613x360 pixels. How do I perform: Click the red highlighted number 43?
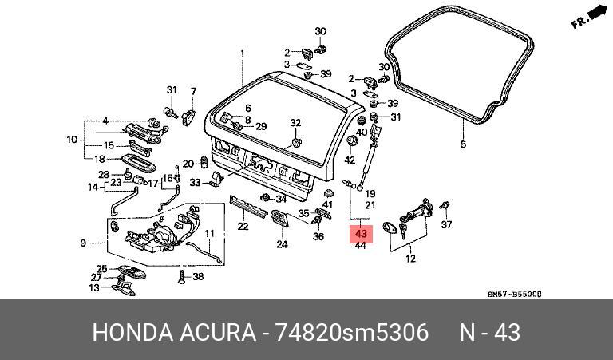coord(360,234)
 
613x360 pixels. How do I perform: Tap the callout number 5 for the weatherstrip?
coord(462,144)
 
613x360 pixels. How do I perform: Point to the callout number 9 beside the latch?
coord(83,243)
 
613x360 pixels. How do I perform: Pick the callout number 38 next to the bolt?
coord(199,277)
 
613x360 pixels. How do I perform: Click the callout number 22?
coord(243,227)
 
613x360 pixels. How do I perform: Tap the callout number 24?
coord(282,244)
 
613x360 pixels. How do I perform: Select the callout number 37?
coord(447,225)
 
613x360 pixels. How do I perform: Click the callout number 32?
coord(295,123)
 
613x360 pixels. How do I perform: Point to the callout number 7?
coord(193,91)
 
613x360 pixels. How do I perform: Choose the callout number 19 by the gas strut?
coord(370,193)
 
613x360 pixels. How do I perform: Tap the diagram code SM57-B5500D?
coord(515,294)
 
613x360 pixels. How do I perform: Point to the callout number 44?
coord(360,246)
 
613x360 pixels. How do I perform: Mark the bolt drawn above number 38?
coord(180,276)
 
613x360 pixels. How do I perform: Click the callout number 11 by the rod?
coord(208,234)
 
